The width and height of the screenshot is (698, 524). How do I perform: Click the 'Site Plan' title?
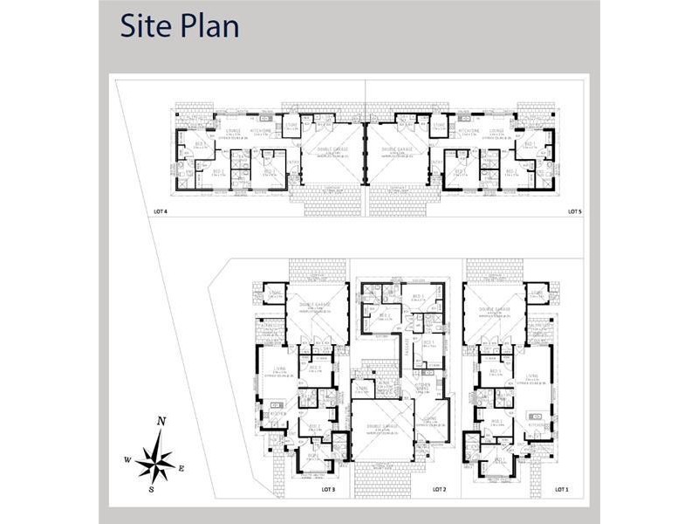pyautogui.click(x=180, y=25)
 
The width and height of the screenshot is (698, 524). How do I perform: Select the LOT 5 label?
pyautogui.click(x=573, y=211)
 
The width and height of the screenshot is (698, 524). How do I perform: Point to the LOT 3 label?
pyautogui.click(x=316, y=489)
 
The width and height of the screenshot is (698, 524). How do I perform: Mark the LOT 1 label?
pyautogui.click(x=561, y=489)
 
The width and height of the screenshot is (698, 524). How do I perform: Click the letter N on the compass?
pyautogui.click(x=161, y=421)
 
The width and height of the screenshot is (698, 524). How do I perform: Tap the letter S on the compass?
pyautogui.click(x=151, y=489)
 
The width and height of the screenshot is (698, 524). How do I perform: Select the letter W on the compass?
pyautogui.click(x=127, y=458)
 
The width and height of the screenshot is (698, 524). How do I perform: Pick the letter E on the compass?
pyautogui.click(x=181, y=468)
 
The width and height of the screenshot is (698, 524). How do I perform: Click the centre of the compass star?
pyautogui.click(x=155, y=459)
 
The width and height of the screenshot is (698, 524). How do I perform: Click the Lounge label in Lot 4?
pyautogui.click(x=232, y=130)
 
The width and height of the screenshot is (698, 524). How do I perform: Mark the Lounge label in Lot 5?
pyautogui.click(x=496, y=130)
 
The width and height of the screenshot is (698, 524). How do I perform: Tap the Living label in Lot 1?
pyautogui.click(x=532, y=375)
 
